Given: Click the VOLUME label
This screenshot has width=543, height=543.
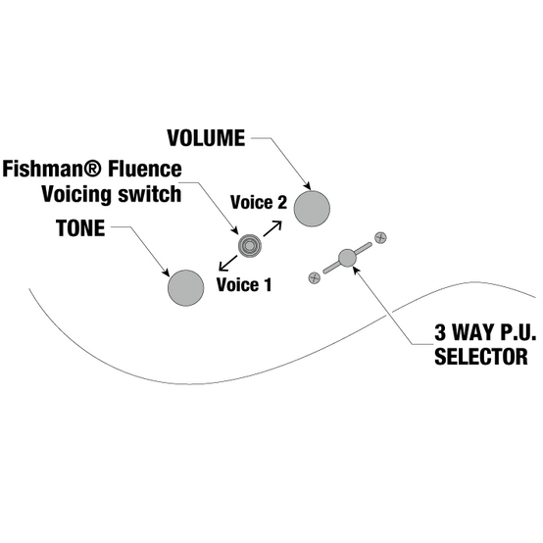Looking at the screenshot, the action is pyautogui.click(x=206, y=138).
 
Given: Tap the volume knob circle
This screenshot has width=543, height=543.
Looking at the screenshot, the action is pyautogui.click(x=312, y=209).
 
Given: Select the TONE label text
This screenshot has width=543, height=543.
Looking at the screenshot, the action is pyautogui.click(x=80, y=228).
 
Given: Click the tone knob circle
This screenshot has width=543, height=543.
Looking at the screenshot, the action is pyautogui.click(x=185, y=288).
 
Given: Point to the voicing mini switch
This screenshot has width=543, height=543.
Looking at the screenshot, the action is pyautogui.click(x=249, y=246).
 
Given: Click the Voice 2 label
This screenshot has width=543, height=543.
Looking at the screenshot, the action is pyautogui.click(x=259, y=202).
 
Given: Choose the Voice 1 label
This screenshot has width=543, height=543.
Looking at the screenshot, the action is pyautogui.click(x=244, y=284).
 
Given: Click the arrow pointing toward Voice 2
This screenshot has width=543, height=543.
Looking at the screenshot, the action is pyautogui.click(x=272, y=229).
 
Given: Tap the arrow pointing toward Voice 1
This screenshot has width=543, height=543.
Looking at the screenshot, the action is pyautogui.click(x=228, y=264).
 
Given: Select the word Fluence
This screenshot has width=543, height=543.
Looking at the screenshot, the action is pyautogui.click(x=145, y=169).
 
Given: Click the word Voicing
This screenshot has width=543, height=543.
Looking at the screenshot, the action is pyautogui.click(x=77, y=195).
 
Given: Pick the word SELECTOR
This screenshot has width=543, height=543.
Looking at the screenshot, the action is pyautogui.click(x=481, y=357).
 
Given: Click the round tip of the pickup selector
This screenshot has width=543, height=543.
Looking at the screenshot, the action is pyautogui.click(x=347, y=258).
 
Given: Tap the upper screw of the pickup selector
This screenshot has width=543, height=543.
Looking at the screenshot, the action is pyautogui.click(x=380, y=237).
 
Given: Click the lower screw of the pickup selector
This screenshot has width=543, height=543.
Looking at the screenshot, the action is pyautogui.click(x=314, y=277).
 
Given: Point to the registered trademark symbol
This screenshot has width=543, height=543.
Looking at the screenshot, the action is pyautogui.click(x=94, y=169).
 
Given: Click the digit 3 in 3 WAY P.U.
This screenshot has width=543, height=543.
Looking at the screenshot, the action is pyautogui.click(x=440, y=332).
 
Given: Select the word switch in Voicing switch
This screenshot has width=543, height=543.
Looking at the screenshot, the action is pyautogui.click(x=150, y=194).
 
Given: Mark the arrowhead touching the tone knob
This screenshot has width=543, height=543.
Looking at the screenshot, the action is pyautogui.click(x=166, y=272).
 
